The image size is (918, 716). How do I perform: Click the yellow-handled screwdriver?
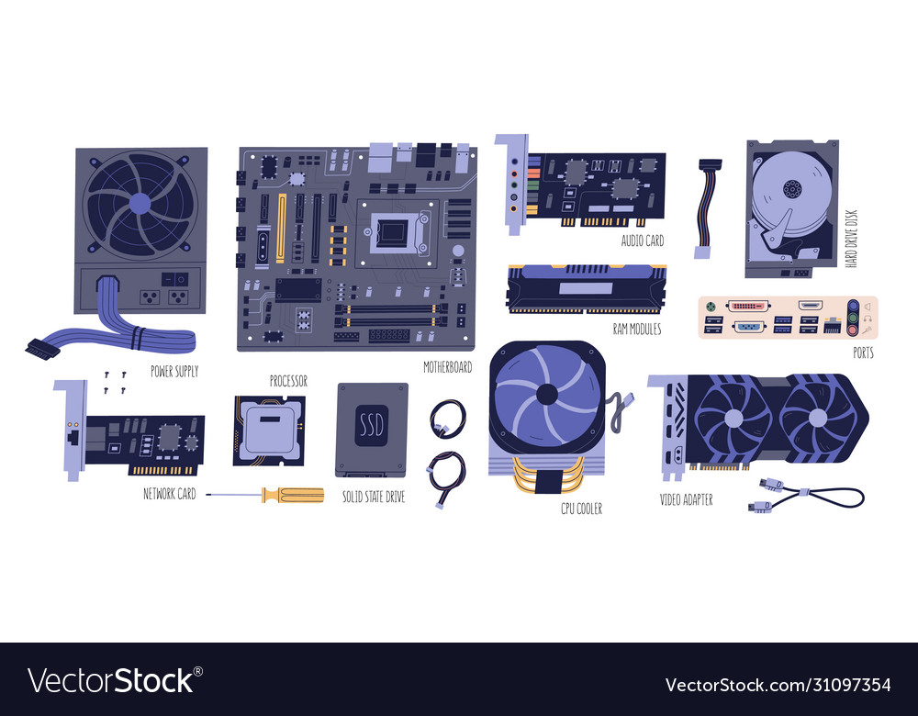pos(265,496)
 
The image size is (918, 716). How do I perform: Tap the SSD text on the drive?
pos(372,426)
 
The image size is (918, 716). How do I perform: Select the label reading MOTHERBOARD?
pos(448,367)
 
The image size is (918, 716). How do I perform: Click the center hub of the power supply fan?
pos(140,204)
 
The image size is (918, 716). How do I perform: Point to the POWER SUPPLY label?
pos(174,371)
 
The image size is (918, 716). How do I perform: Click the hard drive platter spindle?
pos(791,190)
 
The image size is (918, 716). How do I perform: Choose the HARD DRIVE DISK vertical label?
pos(852,239)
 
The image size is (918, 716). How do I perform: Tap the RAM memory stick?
pos(587,288)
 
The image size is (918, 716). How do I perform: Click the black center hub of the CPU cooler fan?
pos(547,395)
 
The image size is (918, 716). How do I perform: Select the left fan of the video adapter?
pos(733,418)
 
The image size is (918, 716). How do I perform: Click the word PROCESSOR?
pos(288,381)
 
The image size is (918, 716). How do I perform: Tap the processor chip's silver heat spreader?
pos(269,431)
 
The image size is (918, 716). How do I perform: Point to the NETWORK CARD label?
pos(170,494)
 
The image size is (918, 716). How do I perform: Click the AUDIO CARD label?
pos(643,241)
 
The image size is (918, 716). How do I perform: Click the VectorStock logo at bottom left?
pos(116,680)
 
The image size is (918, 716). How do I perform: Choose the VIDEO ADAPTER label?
pos(687,499)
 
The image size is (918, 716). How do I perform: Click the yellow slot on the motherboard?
pos(282,228)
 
